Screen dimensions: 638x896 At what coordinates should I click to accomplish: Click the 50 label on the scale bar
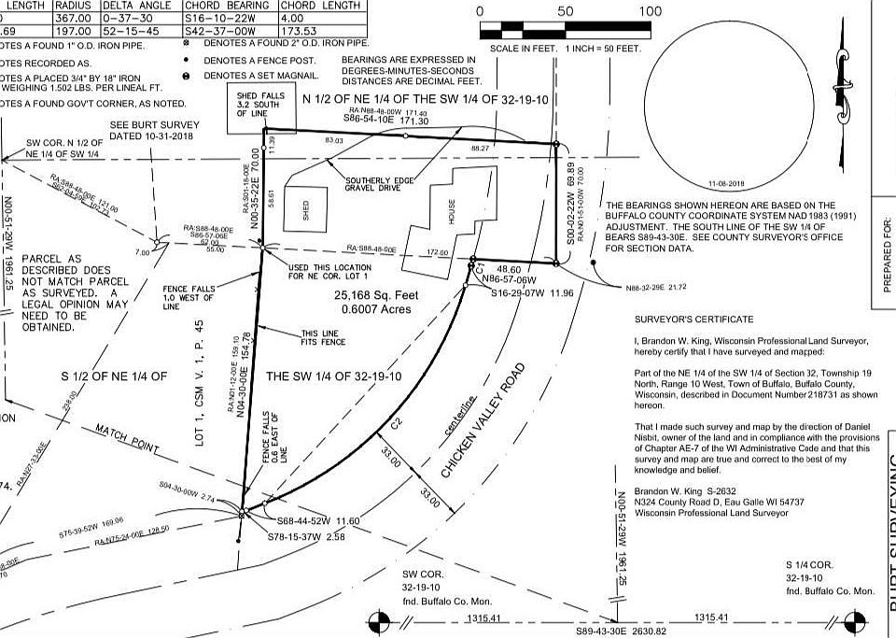(x=566, y=11)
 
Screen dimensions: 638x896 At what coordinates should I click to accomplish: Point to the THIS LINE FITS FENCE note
(x=315, y=337)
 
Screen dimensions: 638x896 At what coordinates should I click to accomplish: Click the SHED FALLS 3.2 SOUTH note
(x=254, y=105)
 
